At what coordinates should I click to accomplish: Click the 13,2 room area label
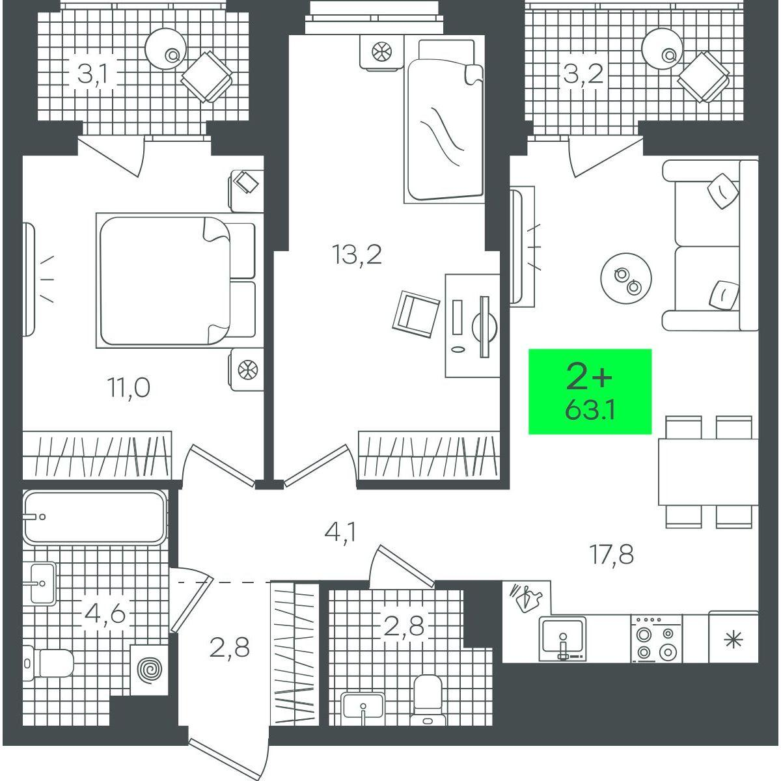(357, 255)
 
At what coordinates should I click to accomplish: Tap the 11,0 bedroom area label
(128, 387)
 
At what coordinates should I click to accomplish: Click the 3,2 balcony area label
(583, 75)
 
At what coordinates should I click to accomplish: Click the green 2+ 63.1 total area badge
(590, 392)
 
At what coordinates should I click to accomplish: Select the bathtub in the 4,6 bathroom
(95, 517)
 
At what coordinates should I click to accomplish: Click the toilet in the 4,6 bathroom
(48, 663)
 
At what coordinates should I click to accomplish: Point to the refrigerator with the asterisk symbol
(733, 640)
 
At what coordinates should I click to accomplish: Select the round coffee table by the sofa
(625, 279)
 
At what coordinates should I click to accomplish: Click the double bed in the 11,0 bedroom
(176, 281)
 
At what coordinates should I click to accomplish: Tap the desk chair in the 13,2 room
(416, 314)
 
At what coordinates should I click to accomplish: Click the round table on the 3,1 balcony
(166, 48)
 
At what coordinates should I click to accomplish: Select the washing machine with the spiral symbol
(150, 669)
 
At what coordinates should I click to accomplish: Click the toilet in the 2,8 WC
(428, 699)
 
